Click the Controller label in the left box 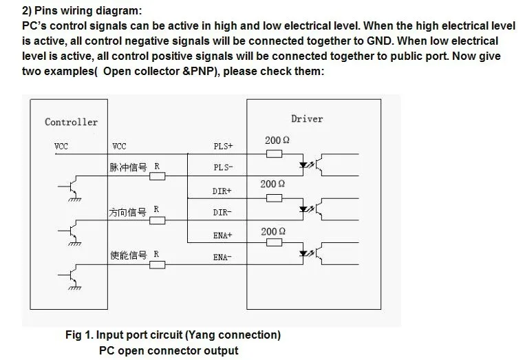point(72,122)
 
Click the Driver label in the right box point(307,119)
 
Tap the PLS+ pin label point(223,146)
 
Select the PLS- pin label point(223,167)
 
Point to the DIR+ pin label point(222,191)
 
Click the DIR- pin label point(222,212)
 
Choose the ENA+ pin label point(223,235)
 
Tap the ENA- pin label point(222,257)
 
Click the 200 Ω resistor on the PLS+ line point(275,153)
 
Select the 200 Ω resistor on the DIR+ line point(275,198)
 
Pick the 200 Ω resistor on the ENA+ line point(275,242)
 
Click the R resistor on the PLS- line point(158,176)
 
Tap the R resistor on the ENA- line point(158,265)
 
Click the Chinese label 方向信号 point(127,212)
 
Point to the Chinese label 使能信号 point(129,255)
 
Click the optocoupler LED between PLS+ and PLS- point(303,165)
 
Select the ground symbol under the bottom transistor point(75,288)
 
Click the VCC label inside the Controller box point(61,147)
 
